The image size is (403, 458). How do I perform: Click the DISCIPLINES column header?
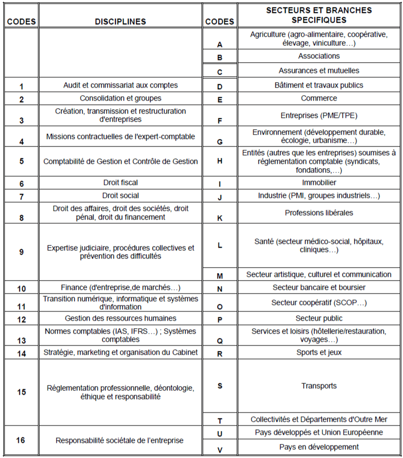(120, 22)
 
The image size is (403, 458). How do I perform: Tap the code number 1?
(21, 87)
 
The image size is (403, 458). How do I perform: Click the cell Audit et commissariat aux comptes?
(120, 85)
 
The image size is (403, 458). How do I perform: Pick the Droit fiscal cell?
(120, 183)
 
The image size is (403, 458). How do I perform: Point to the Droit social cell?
(120, 196)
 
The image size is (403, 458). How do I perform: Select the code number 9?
(21, 252)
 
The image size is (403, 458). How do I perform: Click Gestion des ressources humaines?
(120, 318)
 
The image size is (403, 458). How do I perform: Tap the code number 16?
(21, 440)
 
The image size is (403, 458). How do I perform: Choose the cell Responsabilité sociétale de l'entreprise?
(120, 441)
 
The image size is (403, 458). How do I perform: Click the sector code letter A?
(219, 45)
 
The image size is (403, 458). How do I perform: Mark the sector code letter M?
(219, 276)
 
